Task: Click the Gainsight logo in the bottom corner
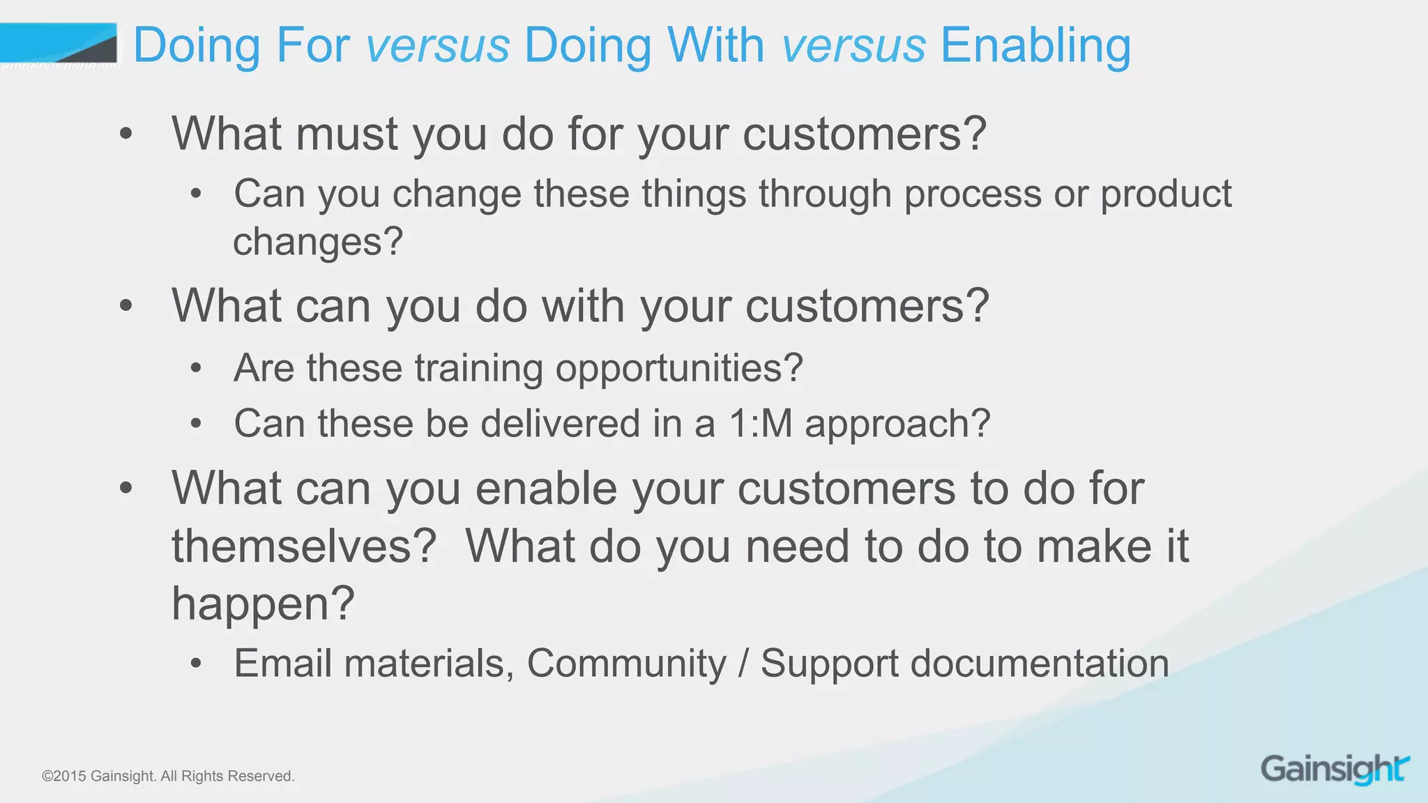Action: click(1335, 770)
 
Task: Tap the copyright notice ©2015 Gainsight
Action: click(168, 776)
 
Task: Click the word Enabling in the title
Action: click(1035, 46)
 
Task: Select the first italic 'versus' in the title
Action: click(438, 46)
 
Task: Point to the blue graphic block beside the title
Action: click(58, 43)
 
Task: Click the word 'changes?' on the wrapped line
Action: click(318, 242)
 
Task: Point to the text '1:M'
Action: click(761, 423)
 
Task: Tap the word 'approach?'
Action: click(897, 425)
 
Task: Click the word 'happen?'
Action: click(263, 604)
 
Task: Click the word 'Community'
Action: click(626, 663)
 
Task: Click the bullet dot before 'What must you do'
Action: click(126, 133)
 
